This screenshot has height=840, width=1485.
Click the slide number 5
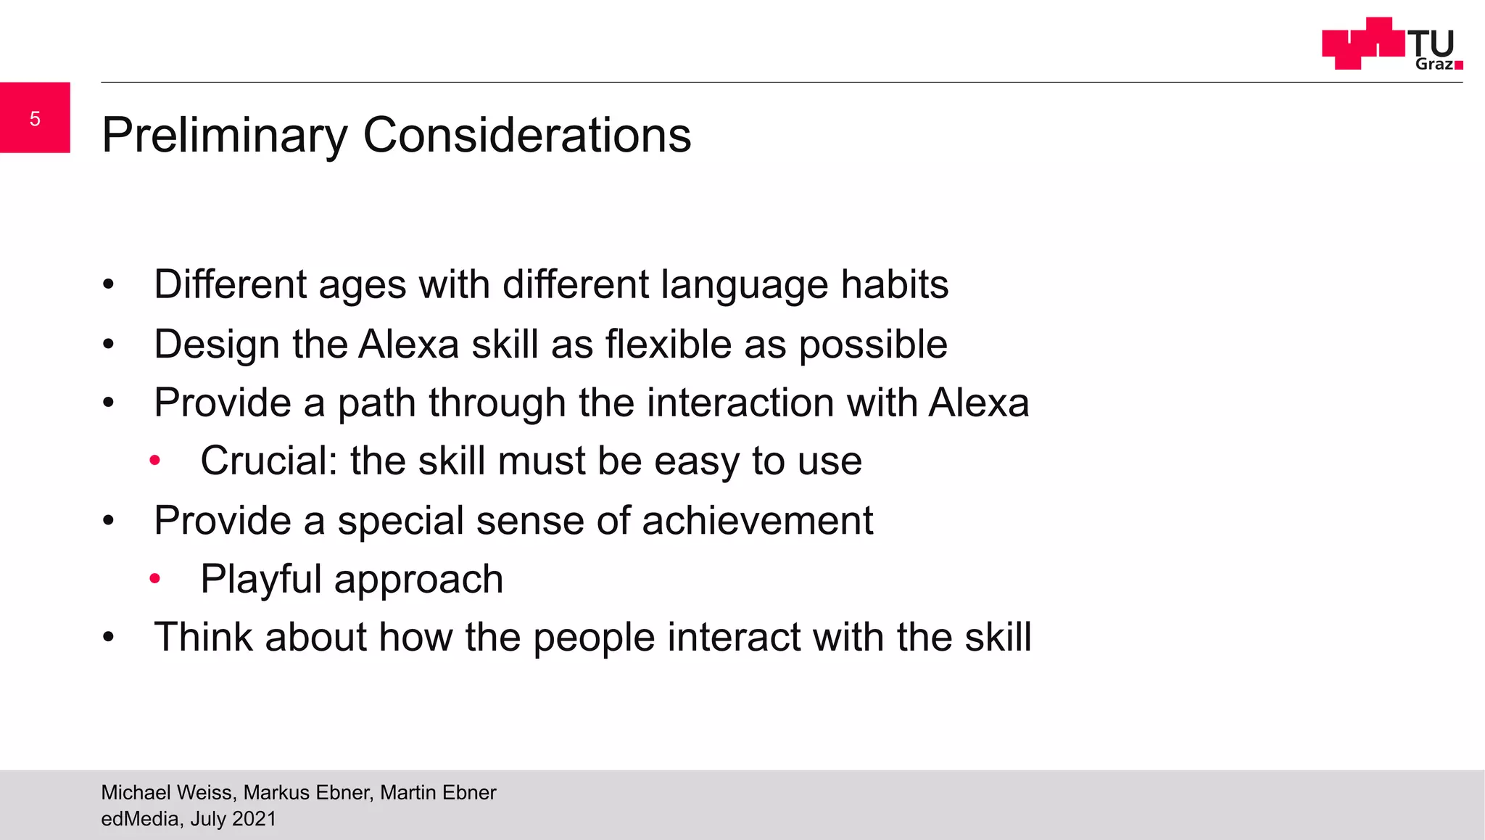point(35,119)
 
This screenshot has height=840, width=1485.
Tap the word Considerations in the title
point(526,136)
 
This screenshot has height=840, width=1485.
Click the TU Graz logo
point(1391,44)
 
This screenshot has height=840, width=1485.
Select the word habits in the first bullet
point(894,284)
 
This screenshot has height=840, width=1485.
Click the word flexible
point(668,344)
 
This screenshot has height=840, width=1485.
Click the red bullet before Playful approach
point(154,579)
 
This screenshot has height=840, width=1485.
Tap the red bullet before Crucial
point(154,461)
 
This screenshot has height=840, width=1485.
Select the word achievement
point(757,521)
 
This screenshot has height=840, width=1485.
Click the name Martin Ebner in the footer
point(438,792)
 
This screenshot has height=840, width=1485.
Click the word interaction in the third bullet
point(740,403)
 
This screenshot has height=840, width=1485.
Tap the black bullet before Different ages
point(109,284)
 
